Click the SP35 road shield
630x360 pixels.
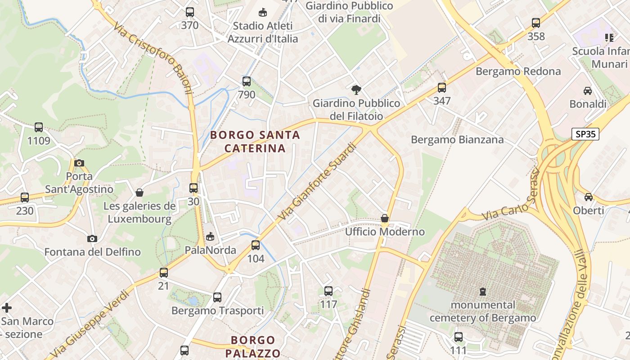coord(585,134)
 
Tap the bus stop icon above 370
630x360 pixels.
coord(190,12)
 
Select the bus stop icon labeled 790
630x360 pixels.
coord(247,81)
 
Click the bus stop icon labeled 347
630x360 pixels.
coord(442,88)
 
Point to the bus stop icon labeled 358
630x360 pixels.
coord(536,23)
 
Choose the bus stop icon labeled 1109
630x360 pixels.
coord(39,127)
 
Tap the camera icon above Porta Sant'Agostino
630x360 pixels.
coord(79,163)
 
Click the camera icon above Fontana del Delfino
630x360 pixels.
coord(92,238)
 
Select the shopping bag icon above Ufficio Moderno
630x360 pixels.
coord(385,219)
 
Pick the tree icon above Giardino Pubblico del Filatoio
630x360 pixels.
coord(356,90)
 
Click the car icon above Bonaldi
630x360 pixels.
coord(588,91)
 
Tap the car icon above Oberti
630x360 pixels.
coord(589,197)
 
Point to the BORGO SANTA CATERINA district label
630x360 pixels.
coord(255,141)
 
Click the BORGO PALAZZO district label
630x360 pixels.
coord(253,346)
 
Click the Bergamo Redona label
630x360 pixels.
coord(518,71)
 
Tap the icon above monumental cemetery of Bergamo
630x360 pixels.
coord(483,292)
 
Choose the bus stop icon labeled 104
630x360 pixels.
coord(256,245)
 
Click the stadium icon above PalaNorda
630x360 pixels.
coord(210,237)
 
